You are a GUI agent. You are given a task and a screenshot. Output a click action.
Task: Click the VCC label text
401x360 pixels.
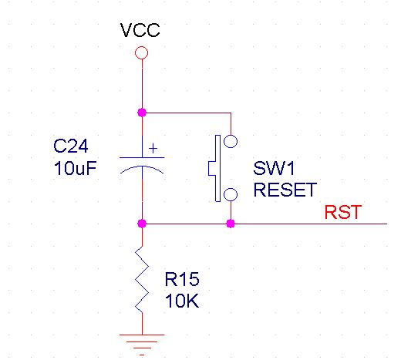(140, 30)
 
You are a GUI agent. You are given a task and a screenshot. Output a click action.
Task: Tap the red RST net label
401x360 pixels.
(343, 212)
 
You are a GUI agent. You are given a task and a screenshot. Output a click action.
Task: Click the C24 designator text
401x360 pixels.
(71, 146)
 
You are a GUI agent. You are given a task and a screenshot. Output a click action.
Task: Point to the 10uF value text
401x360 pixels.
(75, 168)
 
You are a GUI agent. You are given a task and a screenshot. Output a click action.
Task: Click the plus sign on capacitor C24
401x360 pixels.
(153, 149)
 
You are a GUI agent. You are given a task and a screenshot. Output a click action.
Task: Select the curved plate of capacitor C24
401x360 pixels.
(142, 167)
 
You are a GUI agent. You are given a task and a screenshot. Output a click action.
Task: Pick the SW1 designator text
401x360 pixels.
(274, 168)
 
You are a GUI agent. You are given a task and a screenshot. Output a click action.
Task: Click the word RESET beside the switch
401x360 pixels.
(285, 190)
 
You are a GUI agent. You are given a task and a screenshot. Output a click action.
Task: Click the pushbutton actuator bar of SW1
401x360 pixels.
(217, 168)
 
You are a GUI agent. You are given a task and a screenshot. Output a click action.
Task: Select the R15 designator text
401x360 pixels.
(182, 279)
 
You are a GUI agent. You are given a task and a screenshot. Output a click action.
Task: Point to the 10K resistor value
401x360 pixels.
(182, 301)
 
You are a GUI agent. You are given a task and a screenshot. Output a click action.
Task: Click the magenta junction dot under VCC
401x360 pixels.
(142, 113)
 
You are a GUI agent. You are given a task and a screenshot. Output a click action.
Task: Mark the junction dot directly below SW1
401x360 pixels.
(231, 224)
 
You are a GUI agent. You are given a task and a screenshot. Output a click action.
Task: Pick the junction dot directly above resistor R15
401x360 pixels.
(142, 224)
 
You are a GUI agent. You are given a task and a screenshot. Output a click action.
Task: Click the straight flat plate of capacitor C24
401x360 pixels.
(142, 157)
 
